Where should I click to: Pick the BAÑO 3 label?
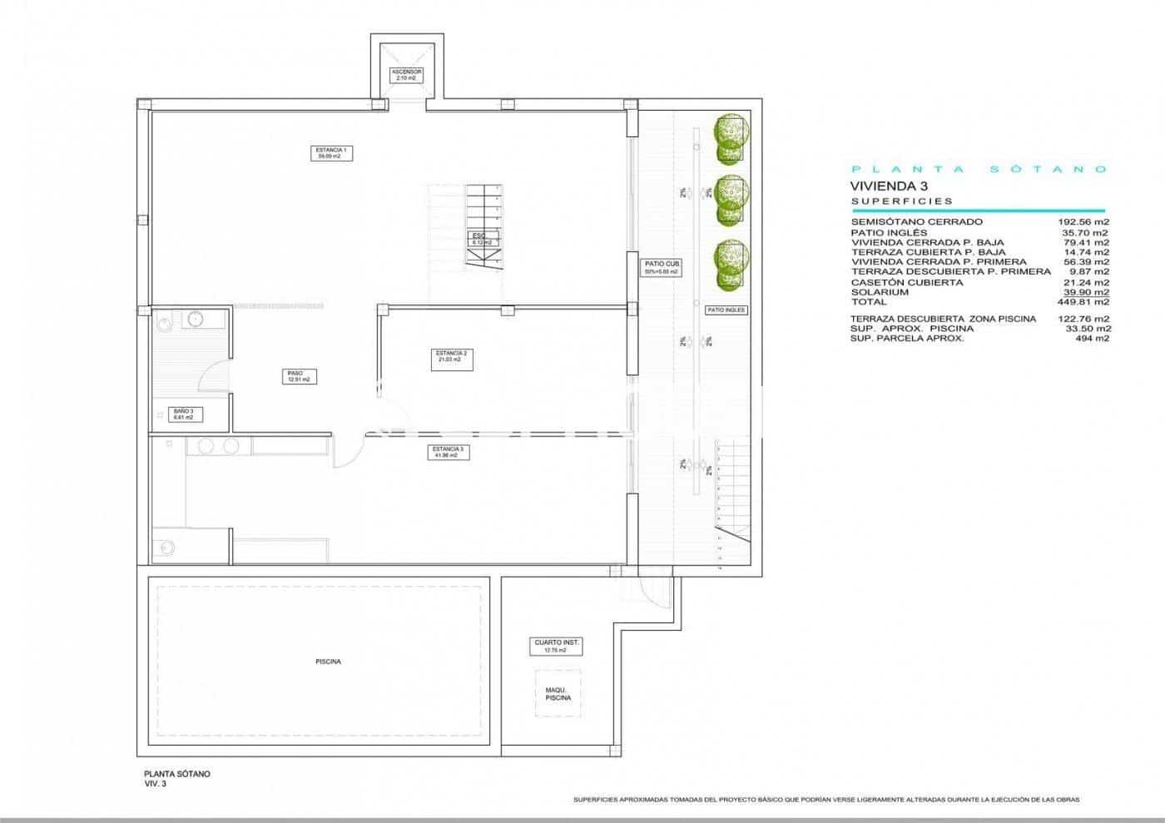[184, 414]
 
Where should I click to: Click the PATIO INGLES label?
[726, 310]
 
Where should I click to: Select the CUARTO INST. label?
[557, 647]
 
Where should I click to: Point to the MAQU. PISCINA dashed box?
[558, 693]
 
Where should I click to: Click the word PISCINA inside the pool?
[328, 662]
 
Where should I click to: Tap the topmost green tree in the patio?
[731, 136]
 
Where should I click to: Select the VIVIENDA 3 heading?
[888, 186]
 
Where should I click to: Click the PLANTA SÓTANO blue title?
[979, 169]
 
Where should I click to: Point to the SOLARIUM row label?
[880, 292]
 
